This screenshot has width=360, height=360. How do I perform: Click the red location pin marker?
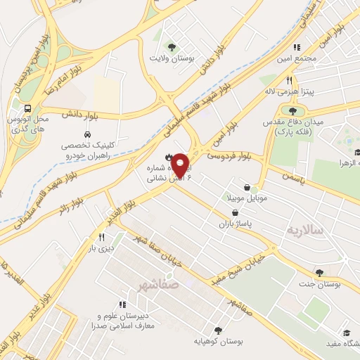point(180,165)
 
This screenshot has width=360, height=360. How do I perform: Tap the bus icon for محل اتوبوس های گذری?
point(27,109)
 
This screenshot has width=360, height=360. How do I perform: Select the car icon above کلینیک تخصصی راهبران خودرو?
point(86,133)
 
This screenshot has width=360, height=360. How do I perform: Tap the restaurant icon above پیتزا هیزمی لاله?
point(290,81)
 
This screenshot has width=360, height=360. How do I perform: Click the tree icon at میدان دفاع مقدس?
point(292,110)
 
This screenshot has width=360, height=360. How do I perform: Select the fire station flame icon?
point(168,155)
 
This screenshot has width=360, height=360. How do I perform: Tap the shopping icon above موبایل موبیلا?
point(247,187)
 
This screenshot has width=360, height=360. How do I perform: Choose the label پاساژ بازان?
point(255,222)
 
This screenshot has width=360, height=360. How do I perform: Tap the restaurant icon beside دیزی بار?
point(103,238)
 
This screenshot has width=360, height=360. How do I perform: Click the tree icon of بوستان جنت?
point(320,273)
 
